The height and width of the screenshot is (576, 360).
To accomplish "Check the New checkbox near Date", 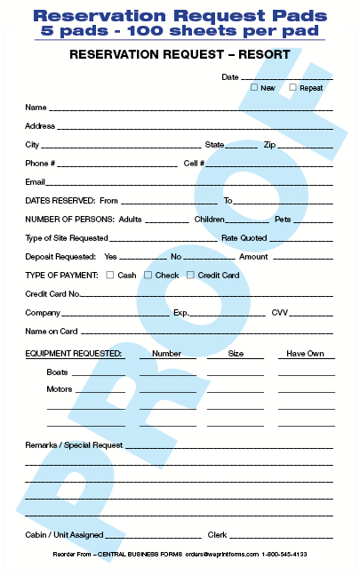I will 254,88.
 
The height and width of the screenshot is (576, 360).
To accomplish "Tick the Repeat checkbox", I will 293,88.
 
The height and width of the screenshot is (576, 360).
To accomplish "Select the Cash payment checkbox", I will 110,275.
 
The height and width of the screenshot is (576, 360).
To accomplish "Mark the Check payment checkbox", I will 148,275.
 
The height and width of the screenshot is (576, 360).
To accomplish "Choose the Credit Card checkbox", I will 190,275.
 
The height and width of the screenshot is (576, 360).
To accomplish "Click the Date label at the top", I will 230,77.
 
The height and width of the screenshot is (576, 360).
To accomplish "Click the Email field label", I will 36,182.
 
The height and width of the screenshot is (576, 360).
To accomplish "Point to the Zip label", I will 270,144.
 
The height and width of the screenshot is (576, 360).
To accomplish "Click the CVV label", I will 280,313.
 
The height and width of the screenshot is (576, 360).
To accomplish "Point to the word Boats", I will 58,372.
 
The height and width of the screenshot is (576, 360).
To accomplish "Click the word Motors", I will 60,389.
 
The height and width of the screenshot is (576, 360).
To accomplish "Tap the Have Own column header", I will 305,353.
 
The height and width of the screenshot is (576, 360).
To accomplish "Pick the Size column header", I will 236,353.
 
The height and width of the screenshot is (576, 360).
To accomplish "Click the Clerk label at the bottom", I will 218,535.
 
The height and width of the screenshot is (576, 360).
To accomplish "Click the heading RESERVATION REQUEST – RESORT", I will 179,55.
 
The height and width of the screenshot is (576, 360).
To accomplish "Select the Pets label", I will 283,219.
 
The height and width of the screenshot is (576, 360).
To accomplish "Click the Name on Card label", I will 52,332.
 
